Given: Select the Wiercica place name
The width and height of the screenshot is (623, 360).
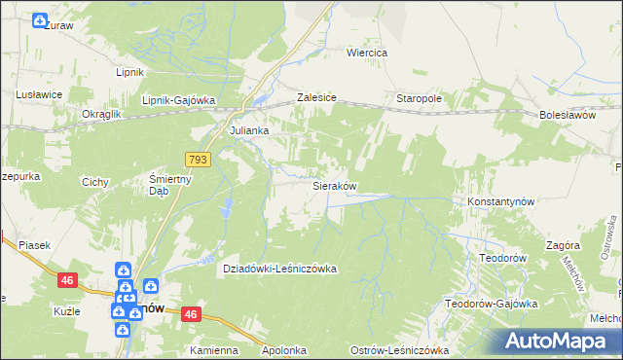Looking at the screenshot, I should tap(368, 53).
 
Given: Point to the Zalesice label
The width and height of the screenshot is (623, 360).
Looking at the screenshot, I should tap(316, 98).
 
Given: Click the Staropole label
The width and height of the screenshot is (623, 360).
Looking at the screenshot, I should tap(420, 99).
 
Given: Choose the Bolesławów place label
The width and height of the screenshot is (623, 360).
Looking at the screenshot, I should tap(567, 115).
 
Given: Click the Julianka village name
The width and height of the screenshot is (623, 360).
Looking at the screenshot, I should tap(247, 128).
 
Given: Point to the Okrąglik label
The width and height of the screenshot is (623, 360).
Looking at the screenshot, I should tap(100, 114).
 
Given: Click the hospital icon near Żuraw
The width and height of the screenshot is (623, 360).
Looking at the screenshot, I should tap(39, 20).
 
